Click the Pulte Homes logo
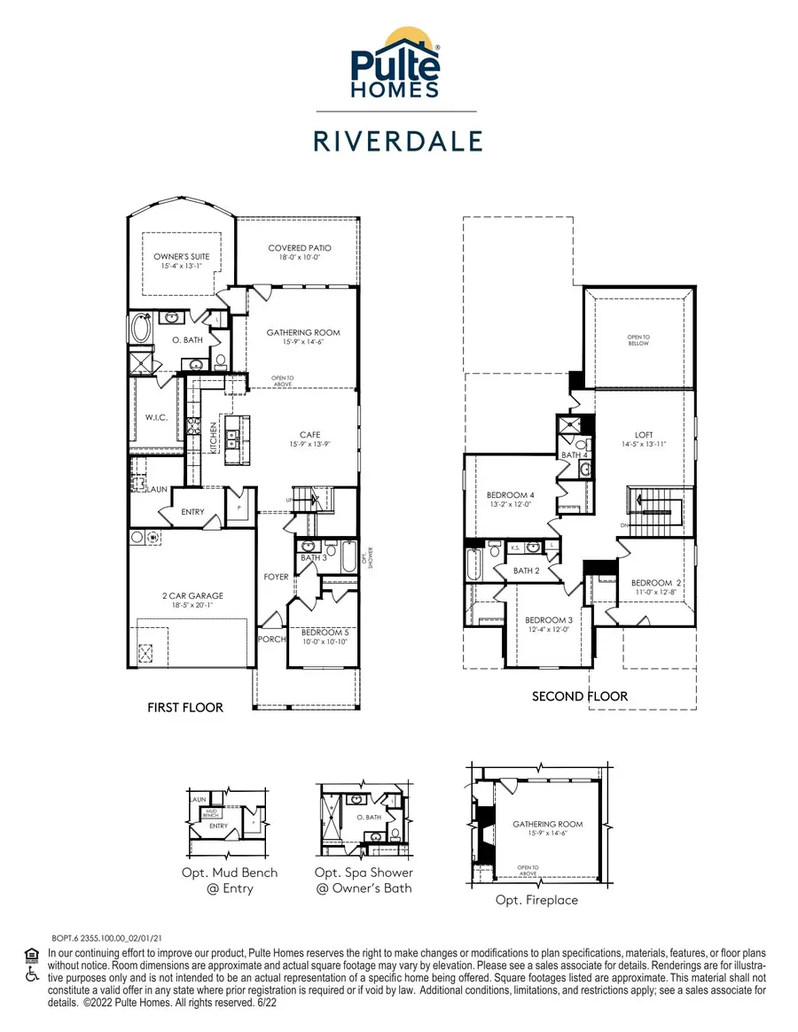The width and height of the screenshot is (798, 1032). tap(396, 63)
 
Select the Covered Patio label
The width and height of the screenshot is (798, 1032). tap(299, 252)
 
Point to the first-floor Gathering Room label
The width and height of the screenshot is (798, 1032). tap(303, 337)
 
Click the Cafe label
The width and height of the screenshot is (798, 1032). tap(303, 438)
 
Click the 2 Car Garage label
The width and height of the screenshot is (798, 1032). tap(192, 601)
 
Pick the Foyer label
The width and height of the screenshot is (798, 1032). tap(277, 577)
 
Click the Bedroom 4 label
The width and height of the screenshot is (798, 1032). tap(510, 500)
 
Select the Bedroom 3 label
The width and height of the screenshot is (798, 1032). tap(548, 624)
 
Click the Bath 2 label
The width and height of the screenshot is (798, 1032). tap(526, 570)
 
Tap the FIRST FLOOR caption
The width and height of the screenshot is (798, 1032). tap(184, 708)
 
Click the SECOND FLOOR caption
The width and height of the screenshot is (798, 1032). tap(579, 696)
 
